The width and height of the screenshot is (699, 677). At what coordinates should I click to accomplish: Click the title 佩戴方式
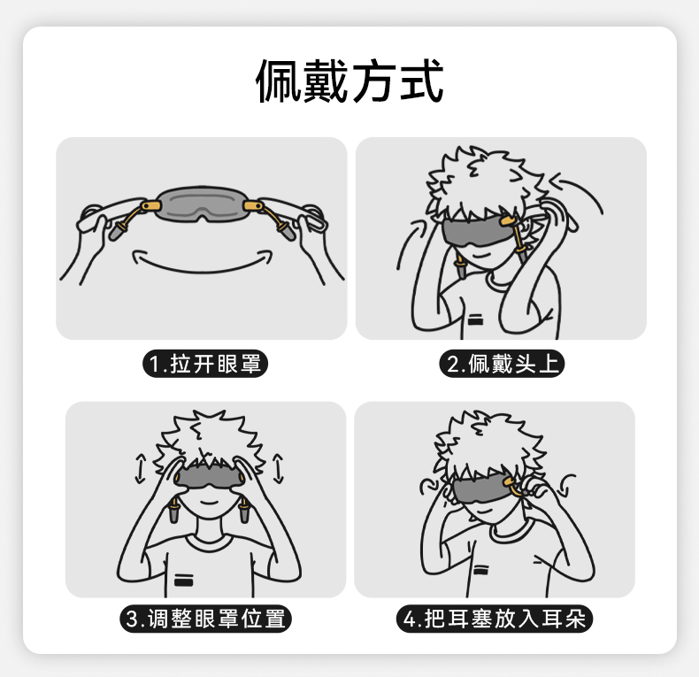349,81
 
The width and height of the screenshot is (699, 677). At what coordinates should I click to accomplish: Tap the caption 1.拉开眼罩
205,364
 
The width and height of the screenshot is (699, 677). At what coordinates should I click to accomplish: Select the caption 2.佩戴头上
502,364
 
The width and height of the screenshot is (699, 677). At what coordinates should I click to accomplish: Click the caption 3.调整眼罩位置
205,619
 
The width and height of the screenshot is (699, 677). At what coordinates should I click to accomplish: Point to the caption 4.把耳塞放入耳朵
495,619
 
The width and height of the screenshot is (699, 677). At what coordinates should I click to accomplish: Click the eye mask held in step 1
202,204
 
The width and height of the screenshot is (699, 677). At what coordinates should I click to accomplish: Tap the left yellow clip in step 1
150,206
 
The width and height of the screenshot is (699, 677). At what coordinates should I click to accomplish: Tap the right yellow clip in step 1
253,206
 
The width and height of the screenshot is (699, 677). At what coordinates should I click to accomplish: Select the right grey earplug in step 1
286,231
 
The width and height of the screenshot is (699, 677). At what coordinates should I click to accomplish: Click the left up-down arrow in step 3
141,469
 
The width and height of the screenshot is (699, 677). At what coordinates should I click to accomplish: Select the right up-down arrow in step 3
278,468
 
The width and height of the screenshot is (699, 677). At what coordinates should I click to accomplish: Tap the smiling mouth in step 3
209,503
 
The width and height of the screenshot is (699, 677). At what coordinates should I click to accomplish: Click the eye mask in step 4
480,489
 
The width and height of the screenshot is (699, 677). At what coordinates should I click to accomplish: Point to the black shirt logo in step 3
183,581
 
